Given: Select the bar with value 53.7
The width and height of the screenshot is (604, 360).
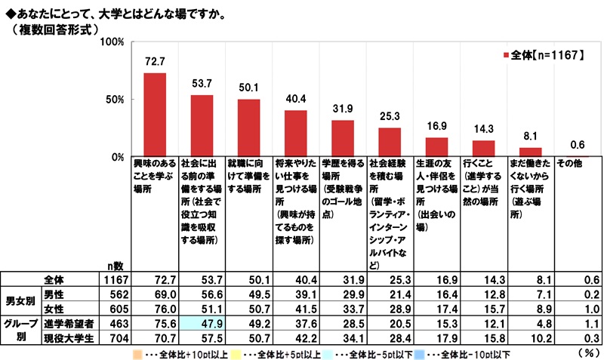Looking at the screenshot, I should [202, 126].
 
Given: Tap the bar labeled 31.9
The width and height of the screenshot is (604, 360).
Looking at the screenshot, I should [343, 139].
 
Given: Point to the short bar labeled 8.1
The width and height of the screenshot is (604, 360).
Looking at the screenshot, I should [532, 152].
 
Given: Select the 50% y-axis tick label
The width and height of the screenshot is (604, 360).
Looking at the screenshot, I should [115, 100].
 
